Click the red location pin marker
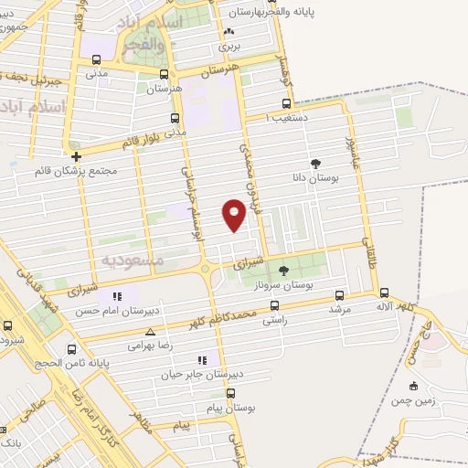234,215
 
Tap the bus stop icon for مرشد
340,295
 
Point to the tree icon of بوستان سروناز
282,270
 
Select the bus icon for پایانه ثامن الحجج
72,348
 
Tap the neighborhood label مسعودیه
133,261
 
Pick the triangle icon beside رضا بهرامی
150,333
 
